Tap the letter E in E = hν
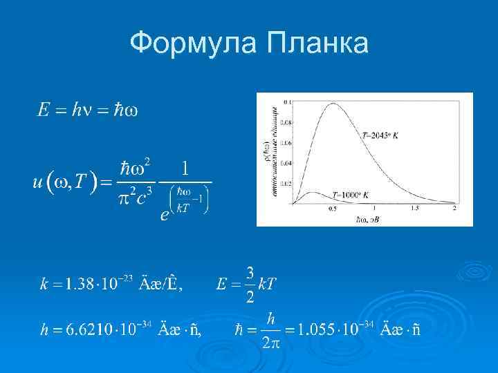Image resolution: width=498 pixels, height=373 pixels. click(x=43, y=112)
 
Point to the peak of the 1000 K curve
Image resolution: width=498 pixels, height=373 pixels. click(x=312, y=193)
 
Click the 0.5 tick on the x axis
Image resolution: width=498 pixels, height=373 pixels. click(x=333, y=209)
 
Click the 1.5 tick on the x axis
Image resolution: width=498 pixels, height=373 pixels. click(x=414, y=209)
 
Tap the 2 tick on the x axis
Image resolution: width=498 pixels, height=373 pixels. click(x=454, y=209)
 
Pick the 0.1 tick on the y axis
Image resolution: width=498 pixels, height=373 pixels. click(x=286, y=102)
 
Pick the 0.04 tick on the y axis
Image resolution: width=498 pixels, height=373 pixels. click(x=285, y=164)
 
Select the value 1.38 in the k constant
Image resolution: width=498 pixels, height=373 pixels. click(x=74, y=284)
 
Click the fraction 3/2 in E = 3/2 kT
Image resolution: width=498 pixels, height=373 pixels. click(x=250, y=283)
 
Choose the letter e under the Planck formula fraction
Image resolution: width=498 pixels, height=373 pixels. click(x=164, y=216)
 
